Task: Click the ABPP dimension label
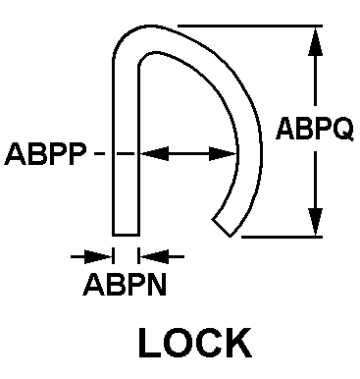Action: (x=46, y=153)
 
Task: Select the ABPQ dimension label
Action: (x=315, y=129)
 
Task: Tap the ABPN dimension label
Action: (x=125, y=285)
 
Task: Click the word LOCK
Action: (x=195, y=343)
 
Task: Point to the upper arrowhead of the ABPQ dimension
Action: (x=315, y=41)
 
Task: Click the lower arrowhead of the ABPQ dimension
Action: (x=315, y=222)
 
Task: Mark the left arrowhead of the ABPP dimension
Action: (x=154, y=153)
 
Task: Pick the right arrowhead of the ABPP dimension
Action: (x=224, y=153)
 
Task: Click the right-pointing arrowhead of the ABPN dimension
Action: (x=98, y=256)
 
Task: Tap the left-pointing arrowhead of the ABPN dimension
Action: (x=154, y=256)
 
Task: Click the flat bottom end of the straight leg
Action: (x=126, y=235)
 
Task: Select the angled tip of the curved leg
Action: (x=222, y=228)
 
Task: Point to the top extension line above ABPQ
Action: (x=250, y=26)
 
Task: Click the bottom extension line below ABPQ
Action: (x=282, y=237)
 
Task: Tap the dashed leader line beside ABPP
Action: (x=115, y=153)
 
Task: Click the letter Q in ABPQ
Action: (x=342, y=130)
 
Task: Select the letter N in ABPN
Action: (x=156, y=285)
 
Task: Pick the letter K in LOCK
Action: (x=239, y=343)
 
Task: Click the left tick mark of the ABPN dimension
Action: (x=113, y=256)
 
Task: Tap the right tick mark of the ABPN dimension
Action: (x=138, y=256)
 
